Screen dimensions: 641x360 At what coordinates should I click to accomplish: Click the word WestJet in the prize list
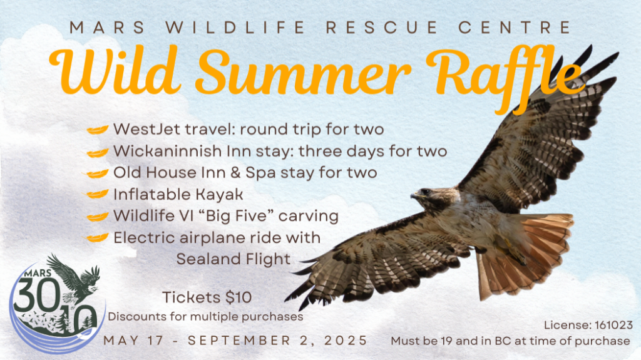(146, 129)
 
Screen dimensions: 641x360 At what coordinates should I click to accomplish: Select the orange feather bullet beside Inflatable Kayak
(97, 193)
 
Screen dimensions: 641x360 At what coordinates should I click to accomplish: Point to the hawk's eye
(426, 191)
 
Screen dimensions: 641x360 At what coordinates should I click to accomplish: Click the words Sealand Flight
(233, 259)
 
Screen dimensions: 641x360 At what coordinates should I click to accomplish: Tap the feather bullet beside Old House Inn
(96, 173)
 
